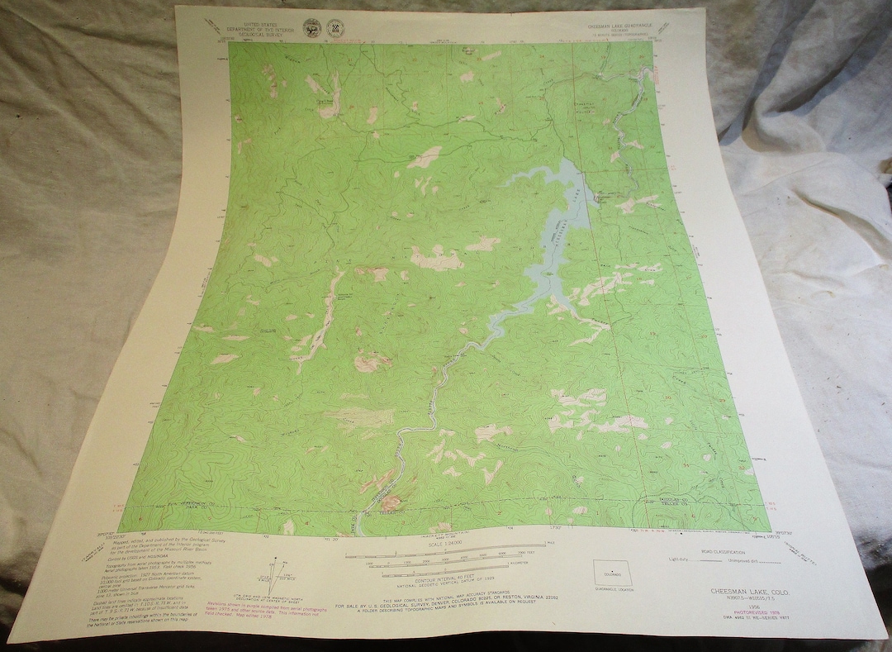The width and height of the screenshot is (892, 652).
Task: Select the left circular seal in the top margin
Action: pyautogui.click(x=311, y=27)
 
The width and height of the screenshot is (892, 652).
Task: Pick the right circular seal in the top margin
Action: pyautogui.click(x=337, y=27)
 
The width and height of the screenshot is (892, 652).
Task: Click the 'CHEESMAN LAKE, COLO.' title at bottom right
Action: pyautogui.click(x=743, y=591)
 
